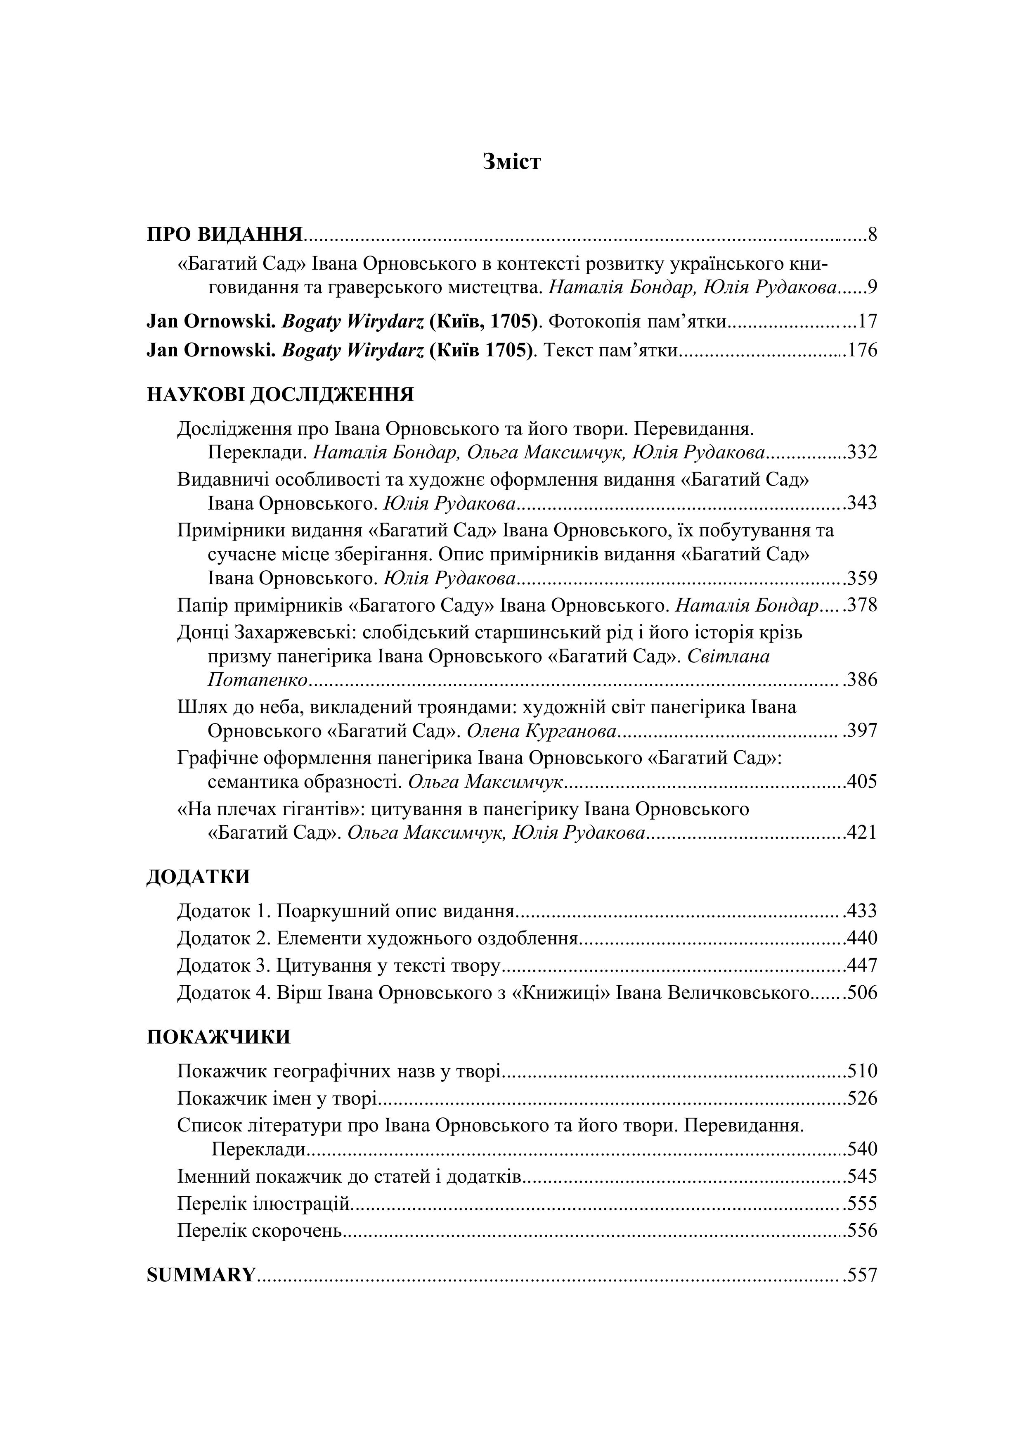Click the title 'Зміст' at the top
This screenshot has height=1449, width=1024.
(x=512, y=162)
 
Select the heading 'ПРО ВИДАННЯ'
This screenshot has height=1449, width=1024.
(x=225, y=235)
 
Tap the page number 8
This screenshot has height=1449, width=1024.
(x=873, y=235)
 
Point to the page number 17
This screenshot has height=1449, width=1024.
(x=868, y=322)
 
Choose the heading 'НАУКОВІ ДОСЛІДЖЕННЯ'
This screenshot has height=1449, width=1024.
(x=280, y=395)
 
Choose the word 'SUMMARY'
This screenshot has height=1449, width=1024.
(x=201, y=1276)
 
